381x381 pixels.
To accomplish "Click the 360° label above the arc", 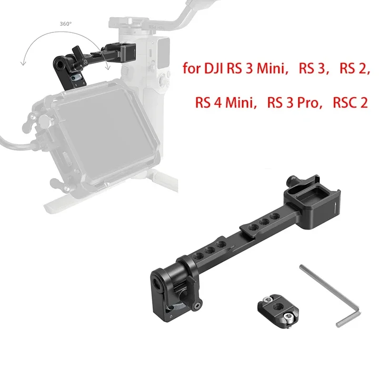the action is (x=66, y=24).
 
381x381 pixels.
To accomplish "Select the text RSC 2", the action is (x=350, y=102).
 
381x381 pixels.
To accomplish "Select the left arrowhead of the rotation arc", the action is (x=23, y=63).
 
